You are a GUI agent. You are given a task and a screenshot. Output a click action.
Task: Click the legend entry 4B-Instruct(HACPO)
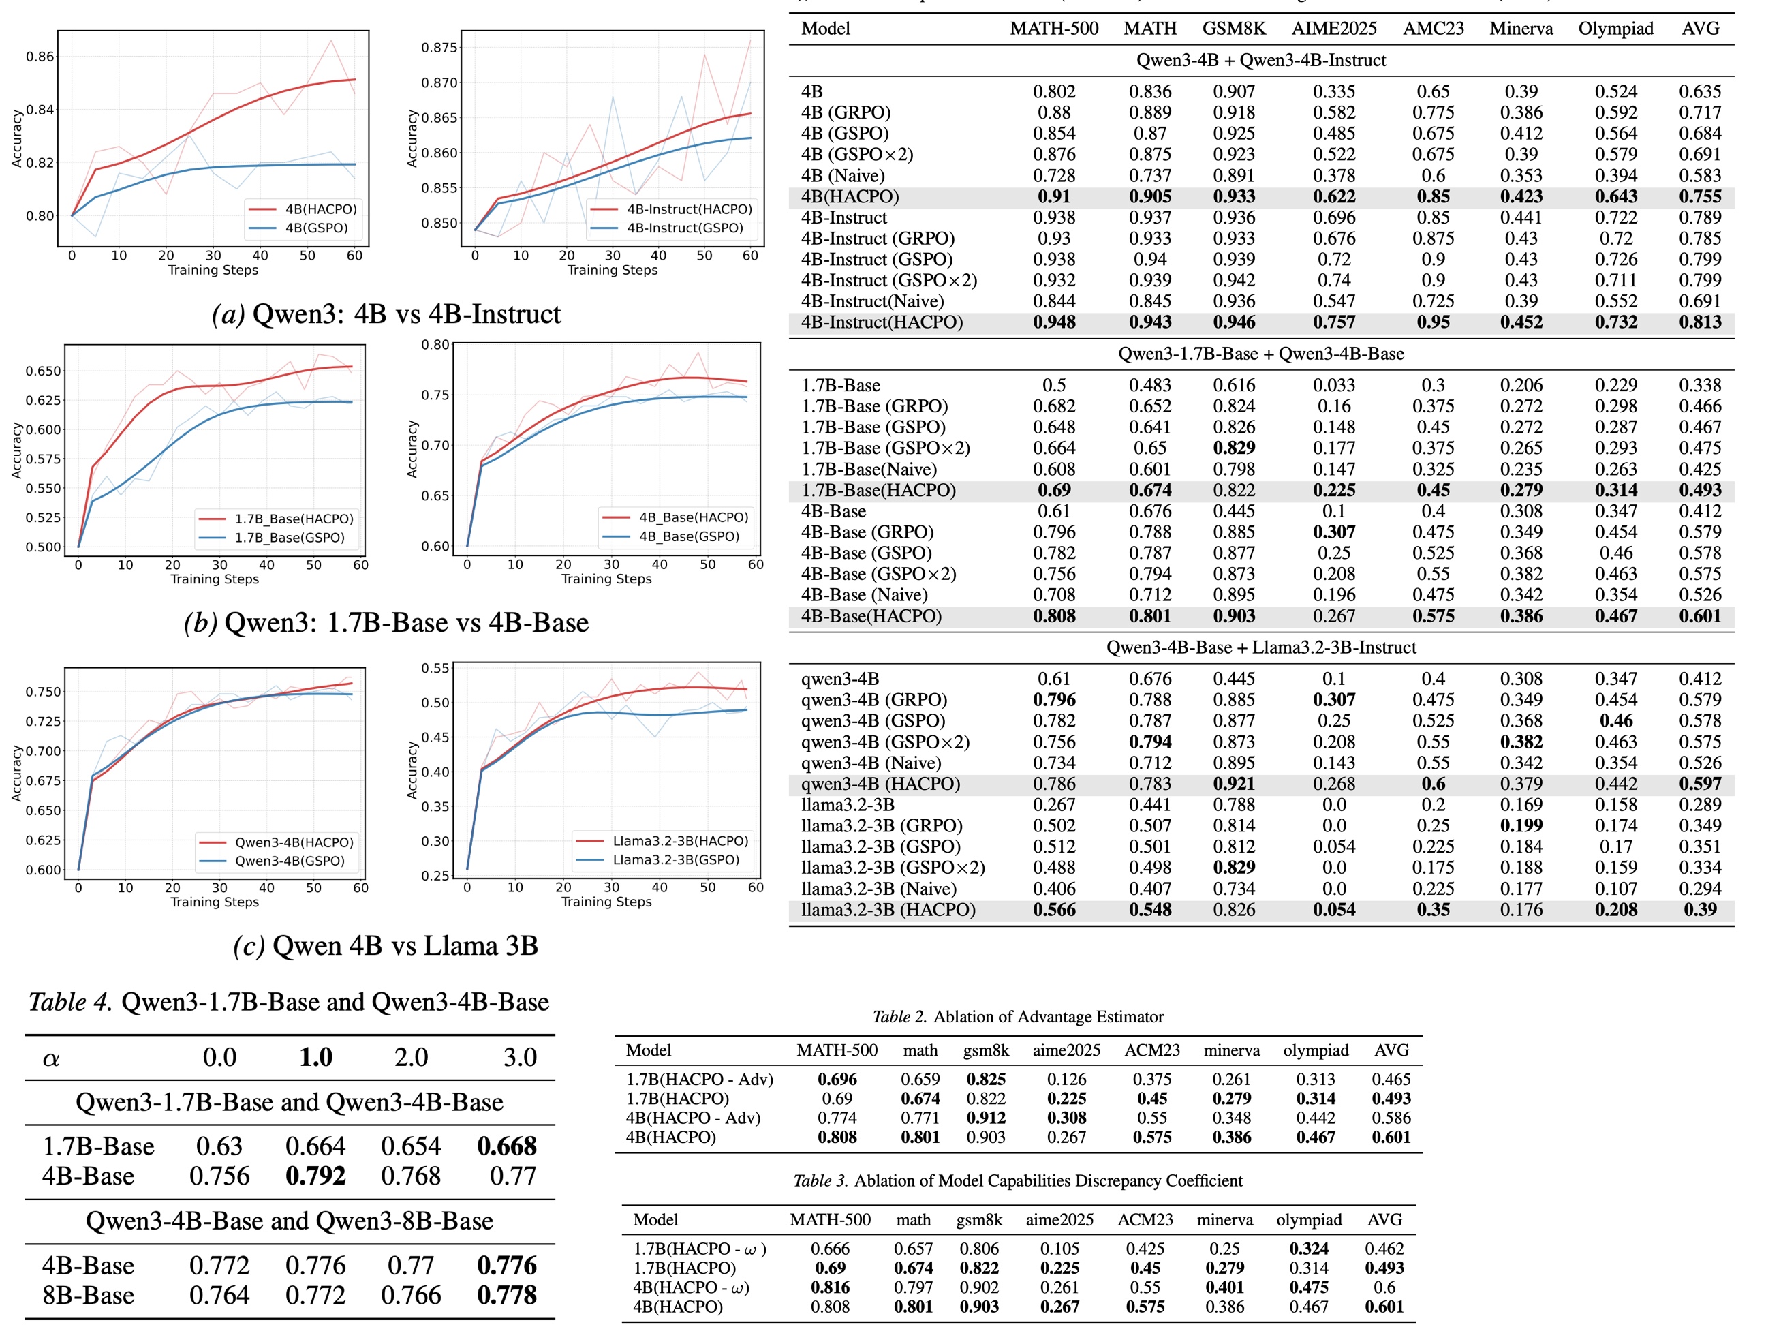(x=689, y=209)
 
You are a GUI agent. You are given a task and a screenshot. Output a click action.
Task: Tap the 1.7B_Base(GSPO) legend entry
(x=290, y=538)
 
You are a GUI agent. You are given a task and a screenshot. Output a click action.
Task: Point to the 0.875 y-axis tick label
(x=439, y=47)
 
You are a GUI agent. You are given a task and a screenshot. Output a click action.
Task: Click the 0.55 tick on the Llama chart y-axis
(x=435, y=668)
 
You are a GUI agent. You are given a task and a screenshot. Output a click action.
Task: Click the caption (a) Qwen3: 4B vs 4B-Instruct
(x=386, y=314)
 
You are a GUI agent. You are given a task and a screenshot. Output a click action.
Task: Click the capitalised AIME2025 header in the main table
(x=1334, y=29)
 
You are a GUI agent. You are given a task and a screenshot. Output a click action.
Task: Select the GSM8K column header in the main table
(x=1234, y=29)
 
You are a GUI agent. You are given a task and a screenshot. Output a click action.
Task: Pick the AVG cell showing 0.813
(x=1700, y=322)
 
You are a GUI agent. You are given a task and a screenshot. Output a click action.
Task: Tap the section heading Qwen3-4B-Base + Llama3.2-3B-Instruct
(x=1261, y=647)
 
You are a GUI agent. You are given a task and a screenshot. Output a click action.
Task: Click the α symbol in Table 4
(x=51, y=1058)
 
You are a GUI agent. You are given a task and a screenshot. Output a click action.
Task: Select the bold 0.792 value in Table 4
(x=315, y=1176)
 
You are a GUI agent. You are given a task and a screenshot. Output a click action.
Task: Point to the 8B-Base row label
(x=88, y=1295)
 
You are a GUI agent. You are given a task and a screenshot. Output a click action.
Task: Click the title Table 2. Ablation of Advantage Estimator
(x=1017, y=1017)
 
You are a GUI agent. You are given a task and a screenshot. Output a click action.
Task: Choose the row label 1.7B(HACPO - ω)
(x=700, y=1249)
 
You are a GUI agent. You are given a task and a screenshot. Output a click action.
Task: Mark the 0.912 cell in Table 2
(x=986, y=1118)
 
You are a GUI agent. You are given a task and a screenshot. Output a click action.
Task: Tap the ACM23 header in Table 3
(x=1145, y=1220)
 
